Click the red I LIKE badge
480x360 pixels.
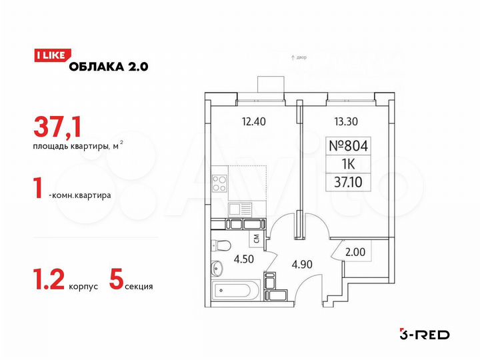(x=48, y=57)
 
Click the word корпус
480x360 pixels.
(x=83, y=287)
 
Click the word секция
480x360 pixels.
(x=139, y=287)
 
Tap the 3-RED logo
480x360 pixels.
(x=423, y=333)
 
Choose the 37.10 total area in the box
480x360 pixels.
(x=349, y=181)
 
